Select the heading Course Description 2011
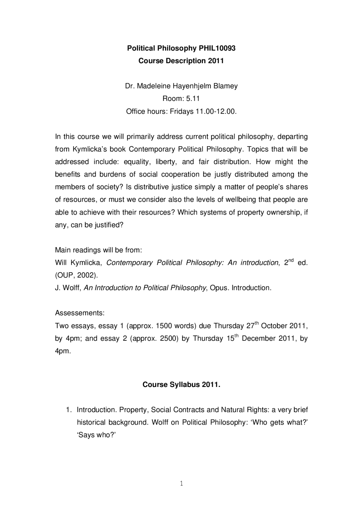pyautogui.click(x=181, y=61)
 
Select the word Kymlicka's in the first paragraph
pyautogui.click(x=90, y=149)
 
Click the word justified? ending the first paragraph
pyautogui.click(x=109, y=225)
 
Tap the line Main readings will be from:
pyautogui.click(x=98, y=250)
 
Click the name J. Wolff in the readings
pyautogui.click(x=68, y=288)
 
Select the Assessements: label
pyautogui.click(x=80, y=313)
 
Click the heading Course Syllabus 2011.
pyautogui.click(x=181, y=385)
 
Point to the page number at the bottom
pyautogui.click(x=181, y=484)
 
